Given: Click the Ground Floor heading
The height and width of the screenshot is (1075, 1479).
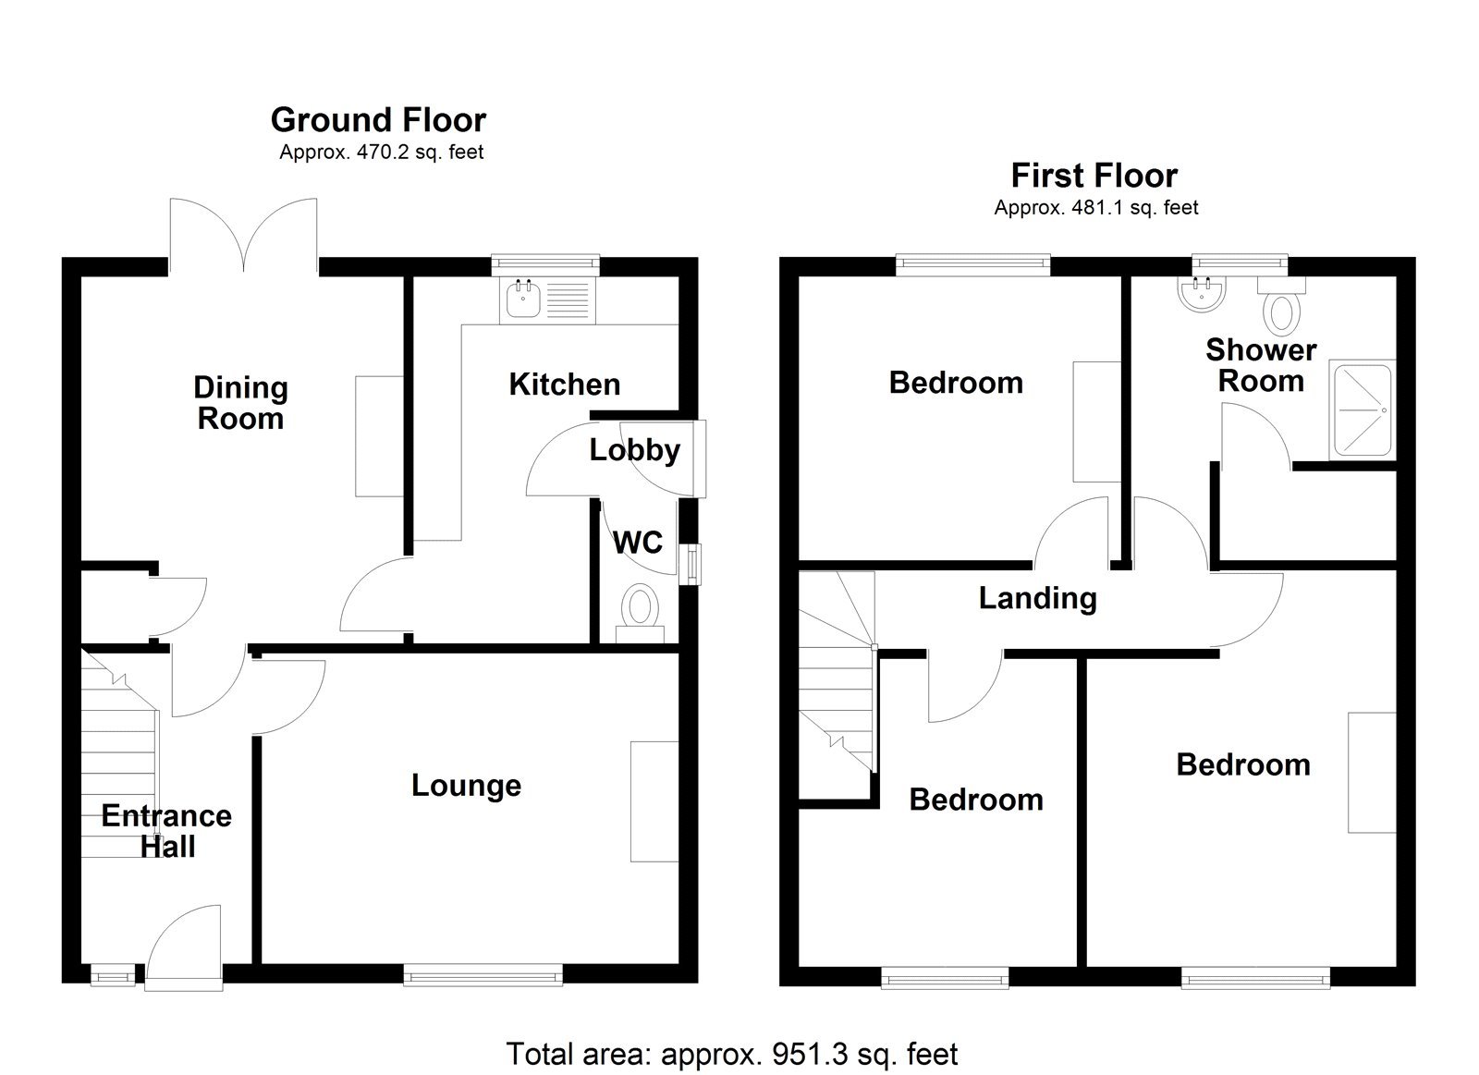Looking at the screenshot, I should pyautogui.click(x=378, y=120).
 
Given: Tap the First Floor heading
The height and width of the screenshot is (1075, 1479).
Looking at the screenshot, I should pyautogui.click(x=1094, y=176).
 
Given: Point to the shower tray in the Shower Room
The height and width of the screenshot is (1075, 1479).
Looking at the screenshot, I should pyautogui.click(x=1360, y=410).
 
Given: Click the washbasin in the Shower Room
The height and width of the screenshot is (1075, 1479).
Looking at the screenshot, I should pyautogui.click(x=1203, y=293).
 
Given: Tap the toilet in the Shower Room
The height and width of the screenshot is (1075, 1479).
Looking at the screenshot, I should pyautogui.click(x=1281, y=309).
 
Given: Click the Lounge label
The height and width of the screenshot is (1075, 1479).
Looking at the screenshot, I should pyautogui.click(x=466, y=786).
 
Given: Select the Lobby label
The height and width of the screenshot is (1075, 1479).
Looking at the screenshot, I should pyautogui.click(x=634, y=450).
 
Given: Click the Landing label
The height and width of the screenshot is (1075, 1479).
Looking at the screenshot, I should pyautogui.click(x=1037, y=598).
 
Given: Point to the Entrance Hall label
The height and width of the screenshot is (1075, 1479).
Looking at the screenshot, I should pyautogui.click(x=166, y=830).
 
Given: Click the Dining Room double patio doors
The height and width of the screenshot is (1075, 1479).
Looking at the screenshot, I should pyautogui.click(x=244, y=233).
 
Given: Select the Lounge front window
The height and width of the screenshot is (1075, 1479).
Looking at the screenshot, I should pyautogui.click(x=483, y=974).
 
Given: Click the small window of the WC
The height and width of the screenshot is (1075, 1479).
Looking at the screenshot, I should pyautogui.click(x=690, y=565).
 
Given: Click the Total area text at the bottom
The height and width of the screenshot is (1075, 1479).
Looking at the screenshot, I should pyautogui.click(x=731, y=1053).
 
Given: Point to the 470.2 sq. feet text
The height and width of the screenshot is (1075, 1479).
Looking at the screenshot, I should pyautogui.click(x=381, y=153).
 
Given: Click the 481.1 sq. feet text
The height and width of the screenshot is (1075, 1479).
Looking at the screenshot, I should pyautogui.click(x=1095, y=208).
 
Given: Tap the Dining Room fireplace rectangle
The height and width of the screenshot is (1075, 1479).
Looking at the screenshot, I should pyautogui.click(x=379, y=435).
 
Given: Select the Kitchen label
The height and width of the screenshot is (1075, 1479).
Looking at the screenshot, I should pyautogui.click(x=564, y=385).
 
